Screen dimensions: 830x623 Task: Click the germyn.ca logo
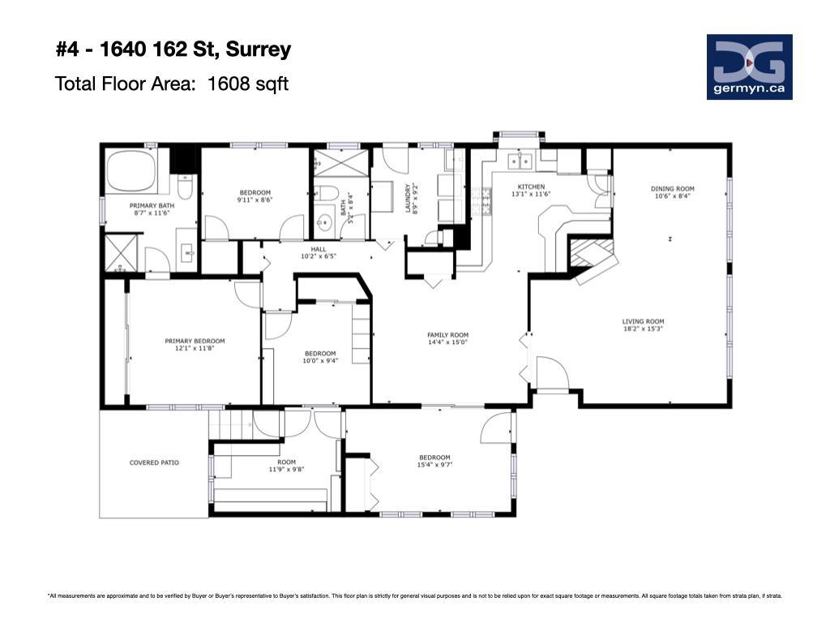point(749,67)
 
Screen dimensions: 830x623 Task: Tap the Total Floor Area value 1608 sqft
point(248,84)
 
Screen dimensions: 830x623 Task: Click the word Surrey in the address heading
point(259,49)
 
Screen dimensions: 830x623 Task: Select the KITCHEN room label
point(531,187)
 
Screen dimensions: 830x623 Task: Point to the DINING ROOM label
point(672,188)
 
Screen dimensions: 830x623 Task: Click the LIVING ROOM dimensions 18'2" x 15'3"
point(643,329)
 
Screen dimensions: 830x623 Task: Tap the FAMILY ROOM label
point(447,335)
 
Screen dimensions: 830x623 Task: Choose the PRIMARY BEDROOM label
point(195,342)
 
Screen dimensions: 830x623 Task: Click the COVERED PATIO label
point(154,462)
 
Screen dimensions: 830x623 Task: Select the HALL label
point(319,249)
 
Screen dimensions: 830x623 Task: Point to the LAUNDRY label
point(408,198)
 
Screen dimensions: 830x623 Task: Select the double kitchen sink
point(520,161)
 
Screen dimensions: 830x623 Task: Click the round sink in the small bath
point(324,222)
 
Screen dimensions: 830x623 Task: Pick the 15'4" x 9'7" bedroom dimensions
point(434,465)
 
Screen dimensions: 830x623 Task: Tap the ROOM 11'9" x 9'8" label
point(286,465)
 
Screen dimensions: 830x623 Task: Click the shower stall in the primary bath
point(121,253)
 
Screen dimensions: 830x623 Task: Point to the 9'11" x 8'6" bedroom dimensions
point(255,200)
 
